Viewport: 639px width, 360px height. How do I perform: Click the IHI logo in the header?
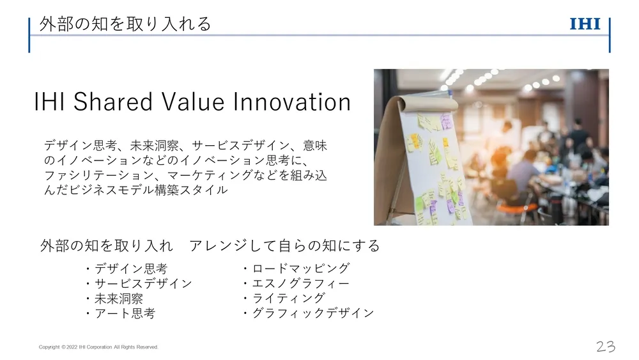[585, 24]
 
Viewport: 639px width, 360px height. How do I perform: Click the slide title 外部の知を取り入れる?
[125, 24]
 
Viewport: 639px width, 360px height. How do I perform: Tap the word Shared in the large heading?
[113, 102]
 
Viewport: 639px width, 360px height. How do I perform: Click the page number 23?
[606, 347]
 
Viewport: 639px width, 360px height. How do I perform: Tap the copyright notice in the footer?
[98, 347]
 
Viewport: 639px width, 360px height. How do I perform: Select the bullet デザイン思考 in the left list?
[131, 269]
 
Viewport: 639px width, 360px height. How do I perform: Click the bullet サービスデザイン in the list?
[143, 283]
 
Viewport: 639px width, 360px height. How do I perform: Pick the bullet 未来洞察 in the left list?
[119, 299]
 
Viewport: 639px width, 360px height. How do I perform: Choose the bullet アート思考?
[125, 313]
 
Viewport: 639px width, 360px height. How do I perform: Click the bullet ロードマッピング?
[301, 269]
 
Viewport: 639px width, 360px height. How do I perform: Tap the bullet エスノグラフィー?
[301, 283]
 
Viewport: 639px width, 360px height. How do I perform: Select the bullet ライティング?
[289, 298]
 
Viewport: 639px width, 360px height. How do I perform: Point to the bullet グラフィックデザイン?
[313, 313]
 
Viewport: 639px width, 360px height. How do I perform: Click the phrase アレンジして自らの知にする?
[284, 246]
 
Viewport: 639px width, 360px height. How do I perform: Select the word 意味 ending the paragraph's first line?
[314, 146]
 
